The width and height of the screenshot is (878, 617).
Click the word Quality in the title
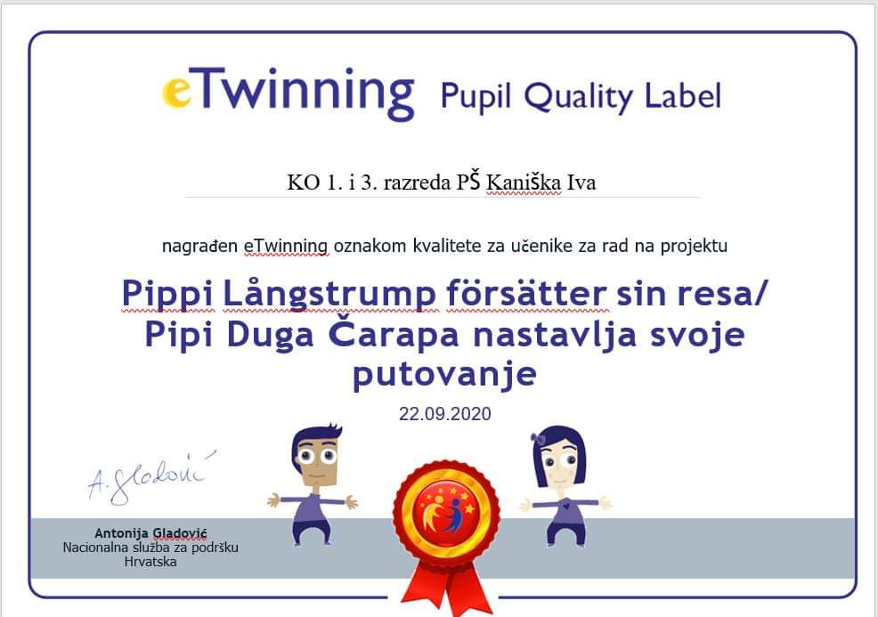pyautogui.click(x=577, y=96)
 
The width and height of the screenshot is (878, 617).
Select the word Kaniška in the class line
pyautogui.click(x=524, y=183)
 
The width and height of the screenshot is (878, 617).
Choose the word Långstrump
pyautogui.click(x=329, y=294)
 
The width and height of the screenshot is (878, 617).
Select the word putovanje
pyautogui.click(x=444, y=374)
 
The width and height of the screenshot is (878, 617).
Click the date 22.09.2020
pyautogui.click(x=444, y=414)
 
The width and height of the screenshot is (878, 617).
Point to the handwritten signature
pyautogui.click(x=150, y=476)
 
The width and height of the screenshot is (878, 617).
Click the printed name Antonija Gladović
pyautogui.click(x=150, y=533)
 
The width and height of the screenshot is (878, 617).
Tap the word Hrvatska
pyautogui.click(x=150, y=562)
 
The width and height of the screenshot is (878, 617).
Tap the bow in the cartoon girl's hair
pyautogui.click(x=540, y=439)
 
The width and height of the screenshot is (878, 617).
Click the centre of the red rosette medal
pyautogui.click(x=446, y=508)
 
